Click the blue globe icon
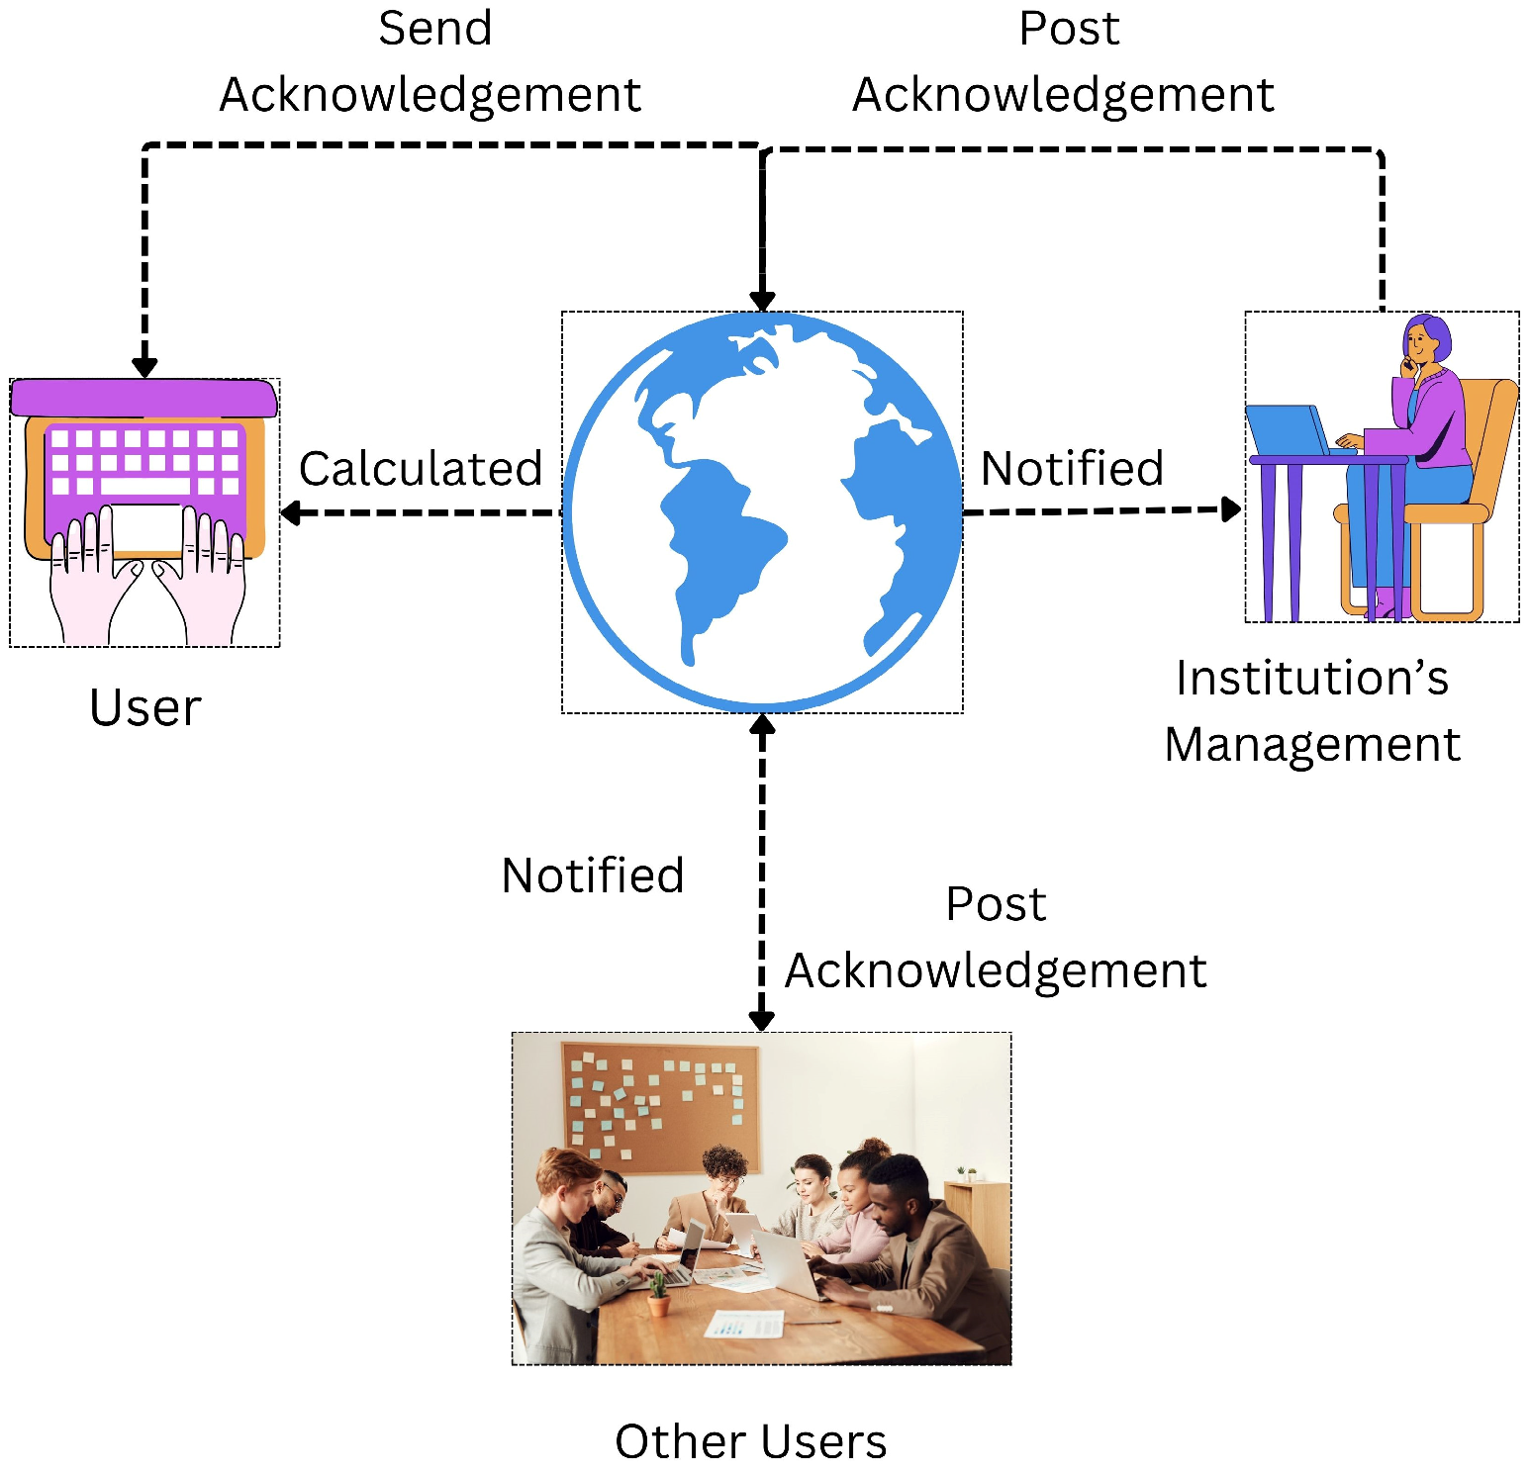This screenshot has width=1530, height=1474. [762, 512]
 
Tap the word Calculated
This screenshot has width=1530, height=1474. [421, 469]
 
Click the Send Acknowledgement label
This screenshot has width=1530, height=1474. [431, 61]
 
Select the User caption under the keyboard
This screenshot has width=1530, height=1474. [145, 707]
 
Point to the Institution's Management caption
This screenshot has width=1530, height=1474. [1311, 710]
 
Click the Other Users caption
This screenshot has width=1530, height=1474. [750, 1440]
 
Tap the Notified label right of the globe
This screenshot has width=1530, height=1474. [1072, 469]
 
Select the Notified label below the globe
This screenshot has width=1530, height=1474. [593, 875]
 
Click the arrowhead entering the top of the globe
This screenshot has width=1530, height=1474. [762, 301]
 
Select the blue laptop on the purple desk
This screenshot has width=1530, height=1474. [1286, 429]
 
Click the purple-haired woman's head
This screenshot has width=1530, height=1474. [1425, 340]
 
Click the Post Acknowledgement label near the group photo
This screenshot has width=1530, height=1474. [995, 937]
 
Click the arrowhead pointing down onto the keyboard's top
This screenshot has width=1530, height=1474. [144, 367]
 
